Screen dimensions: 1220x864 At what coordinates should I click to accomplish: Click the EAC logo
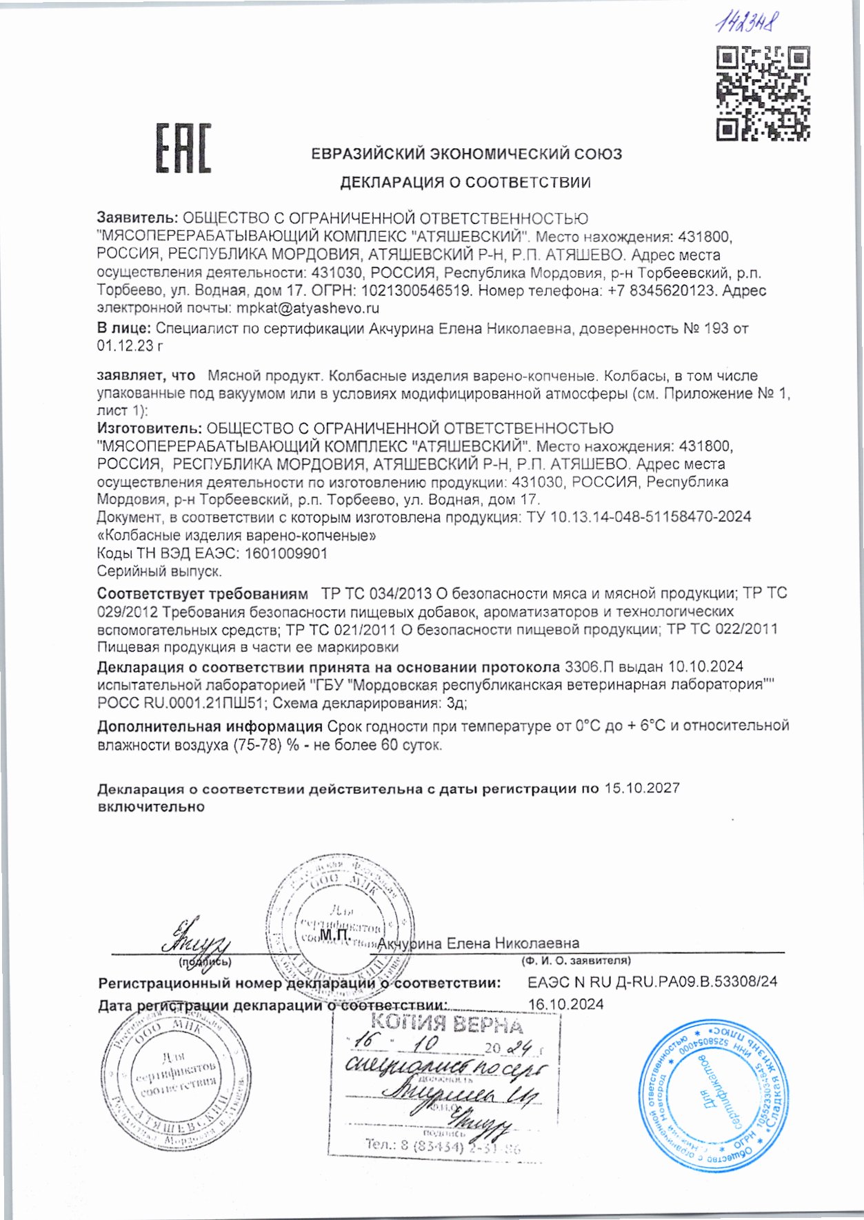(183, 148)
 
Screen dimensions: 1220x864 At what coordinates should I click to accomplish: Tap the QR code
(763, 94)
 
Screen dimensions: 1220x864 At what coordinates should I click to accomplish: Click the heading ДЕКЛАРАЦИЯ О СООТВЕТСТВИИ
(465, 183)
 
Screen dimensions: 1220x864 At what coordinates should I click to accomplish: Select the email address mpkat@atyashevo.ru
(308, 308)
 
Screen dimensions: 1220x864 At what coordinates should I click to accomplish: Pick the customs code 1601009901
(285, 553)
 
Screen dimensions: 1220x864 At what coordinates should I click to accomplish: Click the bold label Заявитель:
(138, 219)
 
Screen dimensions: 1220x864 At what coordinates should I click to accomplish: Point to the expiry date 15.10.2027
(642, 788)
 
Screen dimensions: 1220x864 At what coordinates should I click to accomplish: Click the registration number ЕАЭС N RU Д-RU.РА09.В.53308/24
(652, 981)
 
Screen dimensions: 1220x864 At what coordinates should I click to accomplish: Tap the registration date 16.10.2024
(565, 1004)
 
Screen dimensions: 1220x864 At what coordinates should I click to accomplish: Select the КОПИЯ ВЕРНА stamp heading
(446, 1023)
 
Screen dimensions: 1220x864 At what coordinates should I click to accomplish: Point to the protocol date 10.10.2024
(705, 666)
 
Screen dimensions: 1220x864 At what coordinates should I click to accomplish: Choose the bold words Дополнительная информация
(210, 726)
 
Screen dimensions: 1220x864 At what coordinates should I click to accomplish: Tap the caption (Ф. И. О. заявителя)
(576, 960)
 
